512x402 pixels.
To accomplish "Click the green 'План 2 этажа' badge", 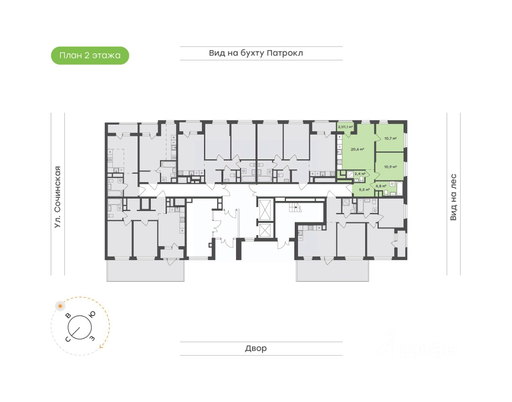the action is (90, 56).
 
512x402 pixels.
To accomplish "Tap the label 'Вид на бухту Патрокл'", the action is (256, 53).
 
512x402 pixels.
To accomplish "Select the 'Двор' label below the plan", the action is (256, 348).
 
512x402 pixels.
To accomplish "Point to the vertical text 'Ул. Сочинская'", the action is (58, 197).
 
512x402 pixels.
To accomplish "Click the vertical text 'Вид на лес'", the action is (453, 197).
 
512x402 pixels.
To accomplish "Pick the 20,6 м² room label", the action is (357, 149).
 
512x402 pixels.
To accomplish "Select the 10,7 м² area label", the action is (390, 139).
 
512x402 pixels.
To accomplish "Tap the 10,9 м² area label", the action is (390, 167).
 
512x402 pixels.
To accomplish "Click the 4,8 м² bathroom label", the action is (381, 186).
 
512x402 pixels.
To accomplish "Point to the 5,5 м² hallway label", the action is (364, 190).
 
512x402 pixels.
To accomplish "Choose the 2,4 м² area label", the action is (360, 174).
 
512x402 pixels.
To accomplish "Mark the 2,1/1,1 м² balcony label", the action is (346, 127).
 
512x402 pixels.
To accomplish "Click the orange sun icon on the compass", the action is (60, 306).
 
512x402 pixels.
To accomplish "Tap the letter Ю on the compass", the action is (92, 315).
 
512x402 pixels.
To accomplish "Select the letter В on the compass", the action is (68, 316).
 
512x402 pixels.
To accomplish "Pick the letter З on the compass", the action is (92, 338).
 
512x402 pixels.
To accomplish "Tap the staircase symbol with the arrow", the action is (295, 207).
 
